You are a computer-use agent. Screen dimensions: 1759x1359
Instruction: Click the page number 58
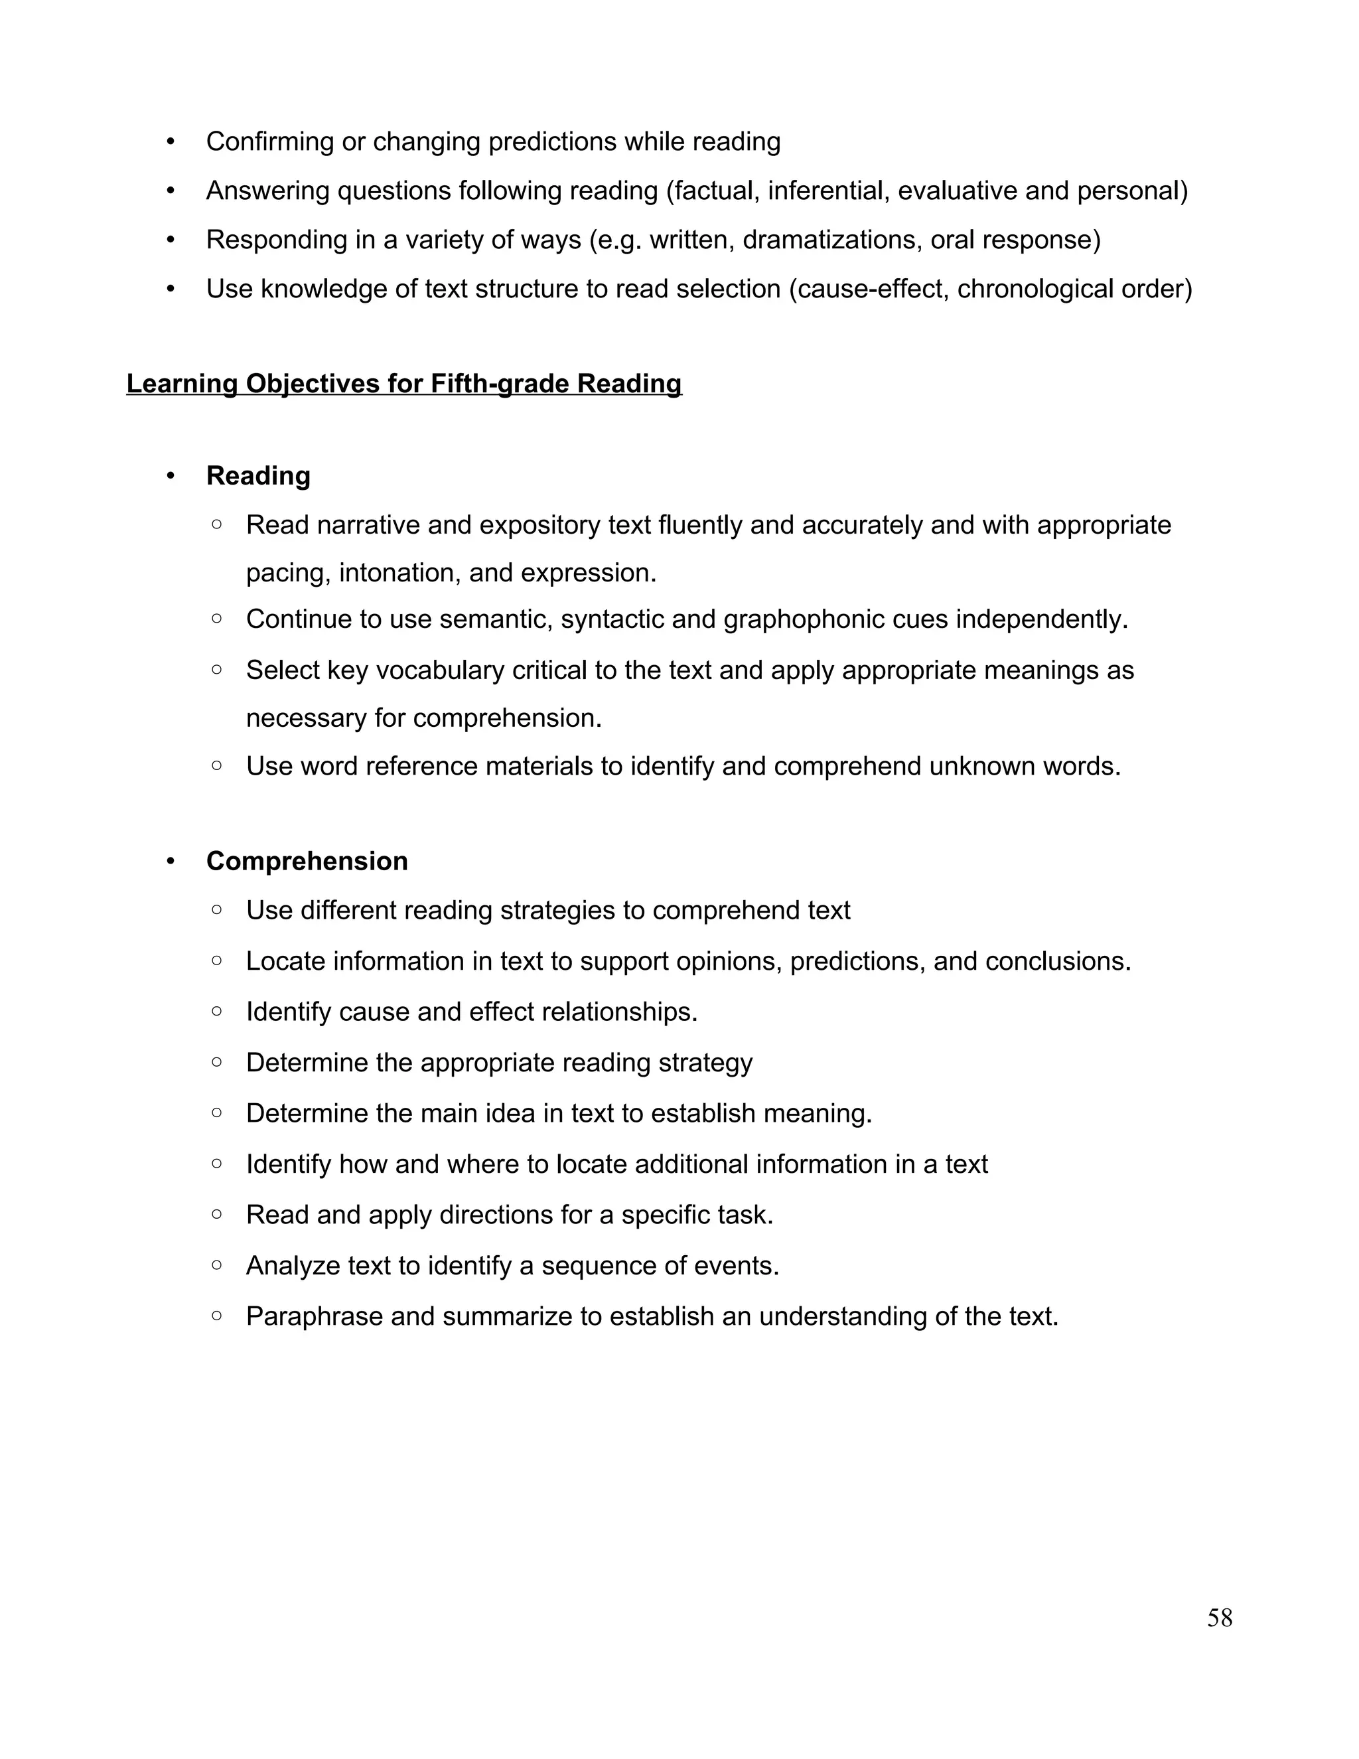click(1219, 1617)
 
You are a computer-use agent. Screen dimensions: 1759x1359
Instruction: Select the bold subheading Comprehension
click(307, 861)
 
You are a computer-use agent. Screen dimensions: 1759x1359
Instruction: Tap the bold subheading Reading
click(257, 475)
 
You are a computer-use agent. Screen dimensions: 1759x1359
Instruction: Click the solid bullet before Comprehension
click(171, 861)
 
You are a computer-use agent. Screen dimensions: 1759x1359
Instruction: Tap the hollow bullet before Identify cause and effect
click(216, 1011)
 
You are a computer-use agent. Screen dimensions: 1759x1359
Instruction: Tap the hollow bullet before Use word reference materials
click(216, 765)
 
